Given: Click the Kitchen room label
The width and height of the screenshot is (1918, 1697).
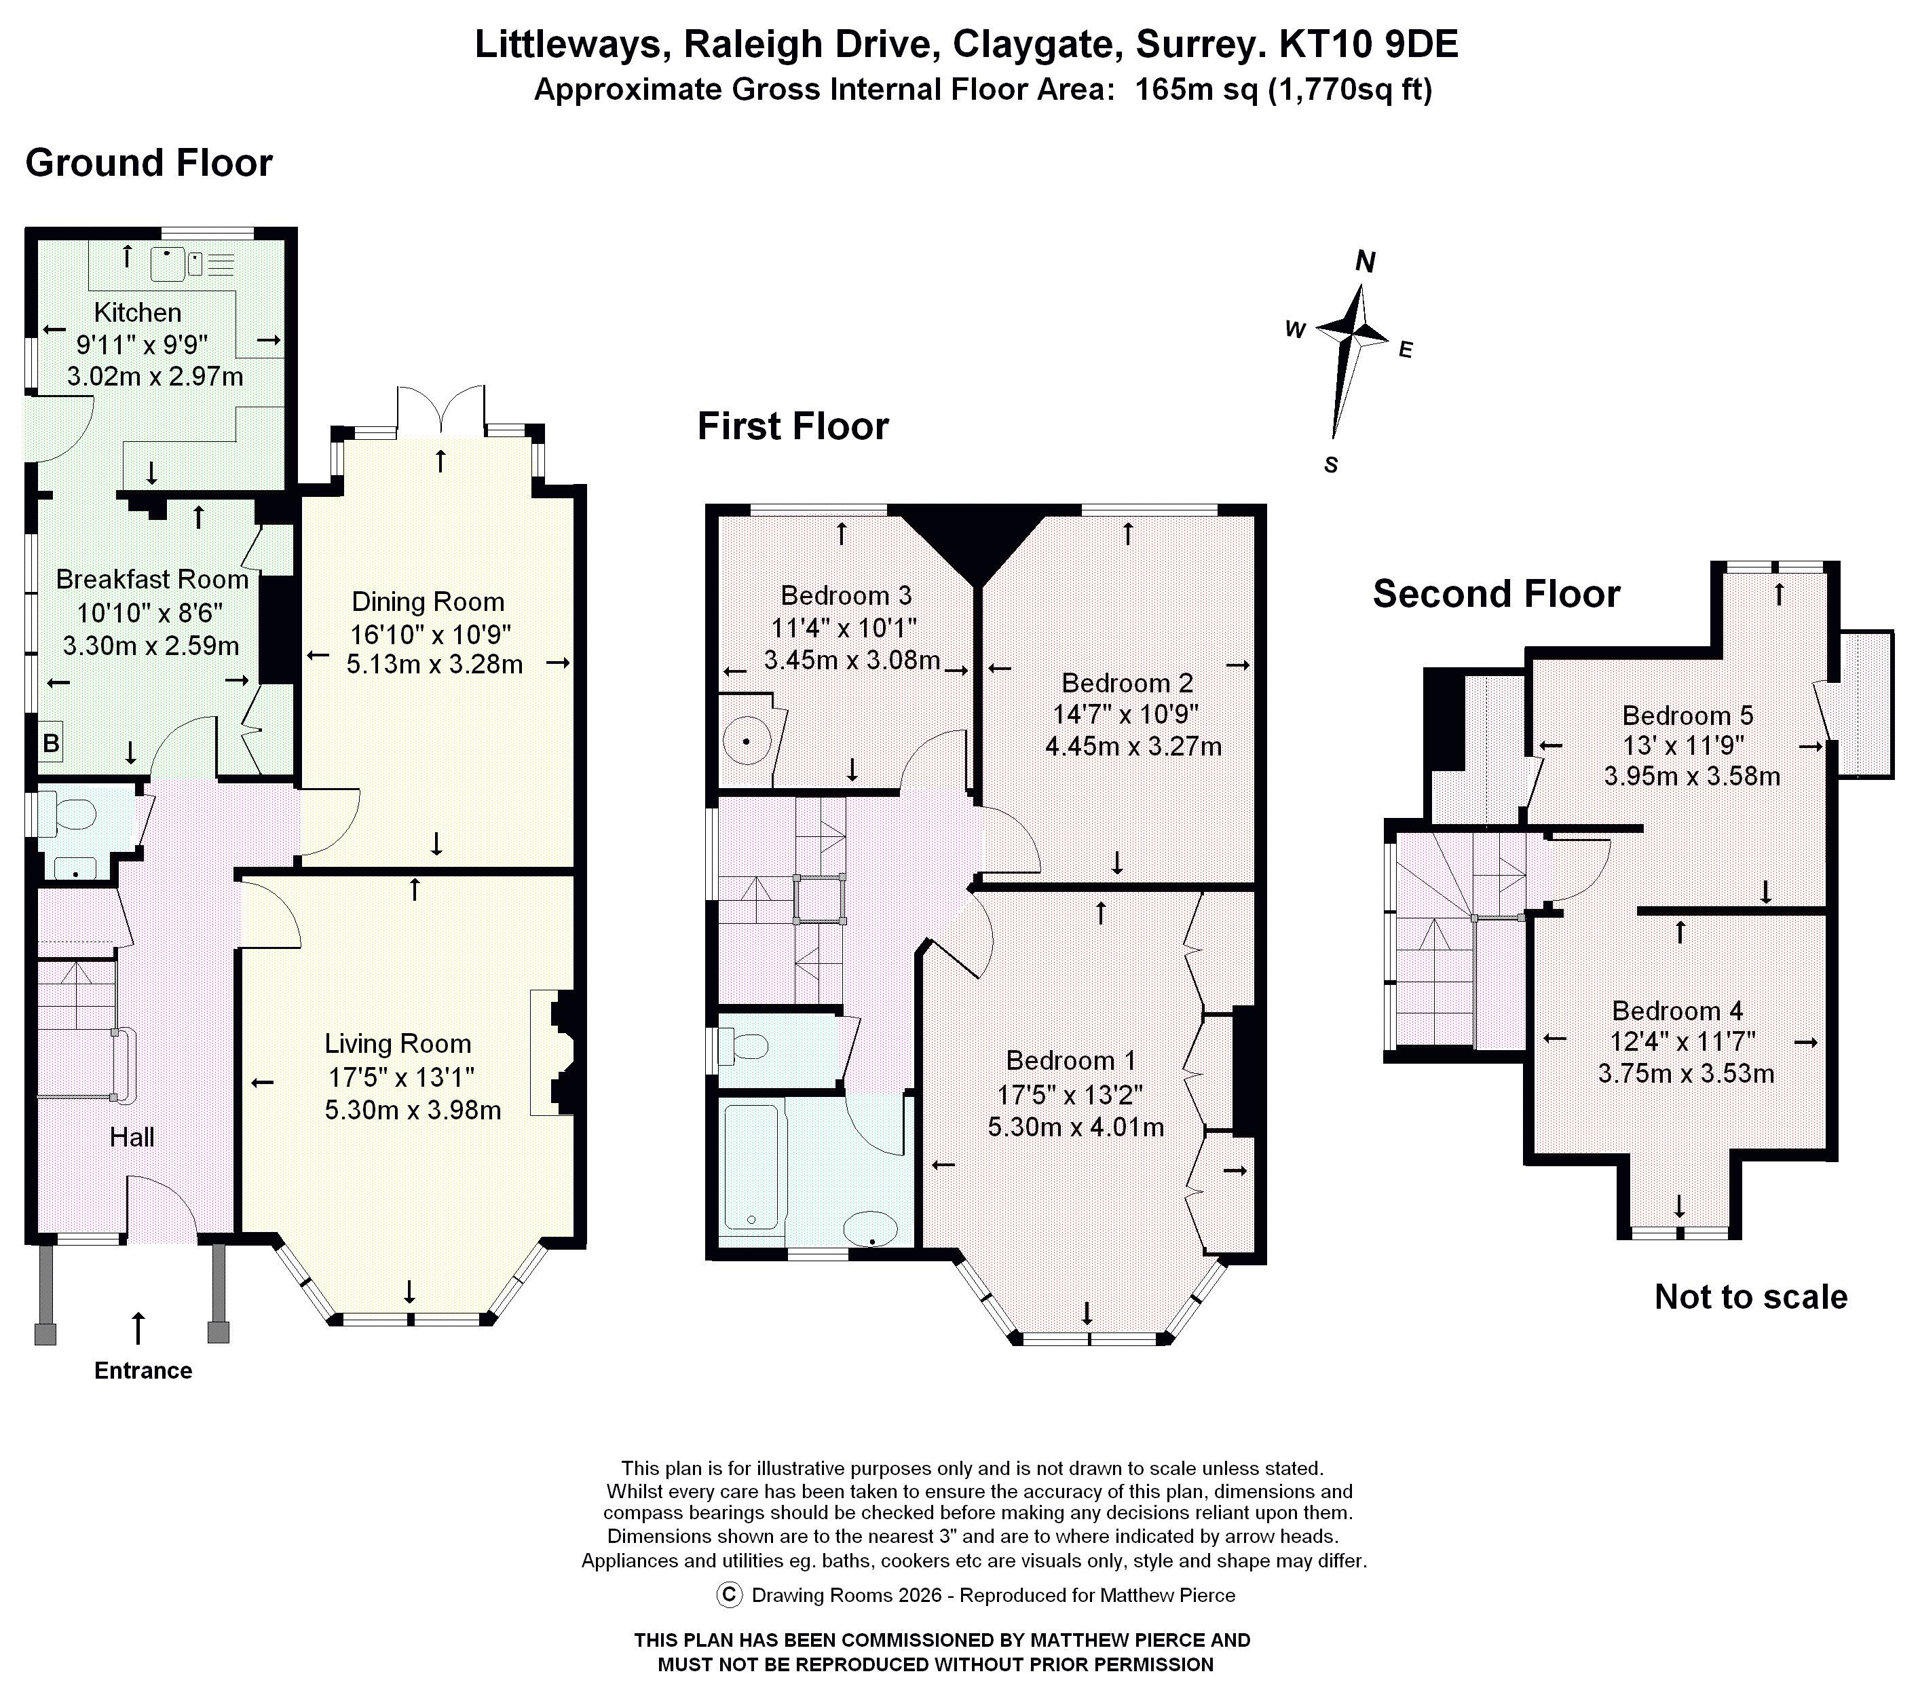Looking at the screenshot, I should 137,312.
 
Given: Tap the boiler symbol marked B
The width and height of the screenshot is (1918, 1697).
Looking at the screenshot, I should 51,743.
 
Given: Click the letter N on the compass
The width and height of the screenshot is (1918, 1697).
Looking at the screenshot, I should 1366,262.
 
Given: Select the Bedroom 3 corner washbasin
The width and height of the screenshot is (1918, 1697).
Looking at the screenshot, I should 747,741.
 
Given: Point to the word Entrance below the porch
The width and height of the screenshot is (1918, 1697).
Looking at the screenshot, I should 143,1370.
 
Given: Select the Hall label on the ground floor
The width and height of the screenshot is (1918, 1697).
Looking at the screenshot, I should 132,1138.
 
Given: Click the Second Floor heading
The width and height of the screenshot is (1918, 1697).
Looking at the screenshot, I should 1496,594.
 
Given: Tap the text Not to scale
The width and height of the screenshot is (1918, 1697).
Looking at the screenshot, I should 1750,1297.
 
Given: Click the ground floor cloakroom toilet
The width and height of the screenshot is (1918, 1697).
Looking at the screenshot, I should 71,814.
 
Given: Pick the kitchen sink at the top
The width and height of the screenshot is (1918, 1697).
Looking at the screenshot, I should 169,265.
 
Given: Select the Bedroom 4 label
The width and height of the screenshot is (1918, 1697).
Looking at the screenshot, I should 1677,1011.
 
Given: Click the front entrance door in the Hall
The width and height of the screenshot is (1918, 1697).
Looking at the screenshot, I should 162,1211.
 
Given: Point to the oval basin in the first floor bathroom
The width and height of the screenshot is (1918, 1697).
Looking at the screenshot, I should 871,1228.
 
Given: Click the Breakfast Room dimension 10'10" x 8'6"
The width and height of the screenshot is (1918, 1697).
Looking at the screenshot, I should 149,613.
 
